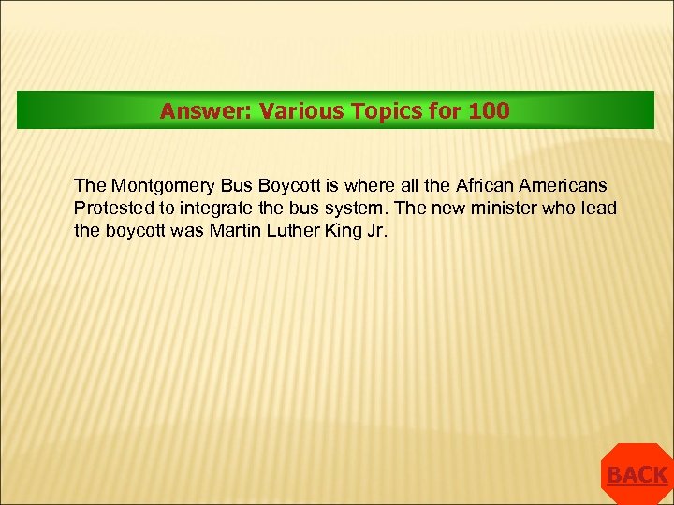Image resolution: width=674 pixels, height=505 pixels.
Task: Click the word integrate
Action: tap(205, 208)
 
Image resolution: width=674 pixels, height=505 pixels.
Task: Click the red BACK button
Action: tap(637, 475)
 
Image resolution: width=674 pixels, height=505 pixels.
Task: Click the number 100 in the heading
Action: tap(490, 111)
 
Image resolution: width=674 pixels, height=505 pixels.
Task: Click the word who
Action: tap(562, 208)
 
